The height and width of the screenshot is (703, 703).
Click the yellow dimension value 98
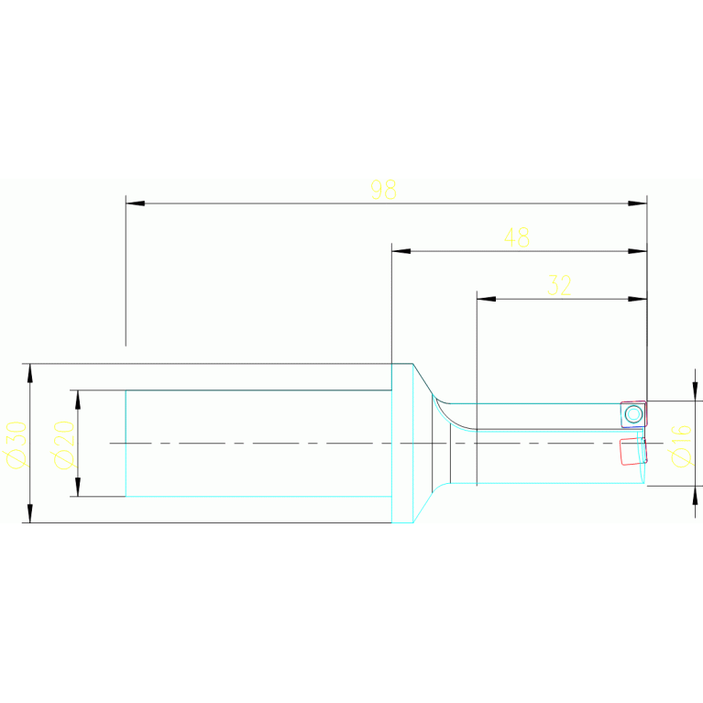(383, 190)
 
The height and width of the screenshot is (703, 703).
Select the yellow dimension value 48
(517, 238)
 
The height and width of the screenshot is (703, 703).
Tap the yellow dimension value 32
(559, 286)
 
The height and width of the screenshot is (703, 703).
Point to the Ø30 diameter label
(16, 445)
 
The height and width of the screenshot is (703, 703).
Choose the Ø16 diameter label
(681, 445)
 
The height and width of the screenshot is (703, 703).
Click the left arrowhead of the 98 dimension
(135, 203)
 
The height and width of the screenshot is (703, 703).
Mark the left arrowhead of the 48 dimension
(401, 251)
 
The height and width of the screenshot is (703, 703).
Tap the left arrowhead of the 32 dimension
(486, 299)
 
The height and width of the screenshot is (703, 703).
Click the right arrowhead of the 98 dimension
(638, 203)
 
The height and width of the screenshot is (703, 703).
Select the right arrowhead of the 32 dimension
(638, 299)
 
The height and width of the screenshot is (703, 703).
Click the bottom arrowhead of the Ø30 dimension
(30, 513)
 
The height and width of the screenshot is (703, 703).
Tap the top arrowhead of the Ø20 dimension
(78, 400)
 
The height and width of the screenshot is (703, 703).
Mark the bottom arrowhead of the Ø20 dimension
(78, 487)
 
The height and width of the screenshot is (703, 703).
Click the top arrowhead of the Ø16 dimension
(695, 392)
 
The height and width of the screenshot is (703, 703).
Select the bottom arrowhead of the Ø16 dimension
(695, 495)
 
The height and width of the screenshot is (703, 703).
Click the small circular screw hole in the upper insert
(632, 413)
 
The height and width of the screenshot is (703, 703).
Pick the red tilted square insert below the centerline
(632, 451)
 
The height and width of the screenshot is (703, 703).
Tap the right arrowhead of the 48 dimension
(638, 251)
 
